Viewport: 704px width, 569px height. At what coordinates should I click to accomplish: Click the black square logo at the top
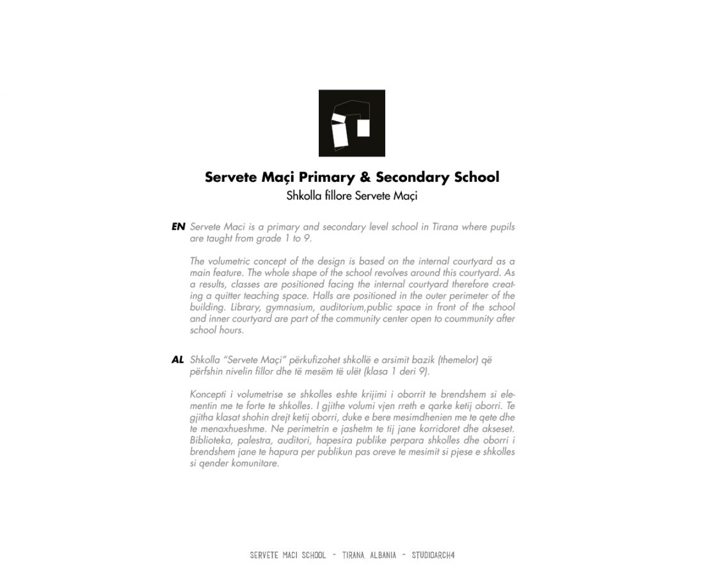tap(351, 124)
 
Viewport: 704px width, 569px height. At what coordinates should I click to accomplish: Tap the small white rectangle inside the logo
tap(364, 127)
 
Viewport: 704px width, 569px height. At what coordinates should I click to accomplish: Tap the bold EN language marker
tap(178, 227)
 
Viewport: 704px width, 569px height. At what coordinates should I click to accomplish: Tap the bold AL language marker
tap(178, 360)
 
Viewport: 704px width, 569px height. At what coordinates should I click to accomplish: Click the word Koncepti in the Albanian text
tap(209, 393)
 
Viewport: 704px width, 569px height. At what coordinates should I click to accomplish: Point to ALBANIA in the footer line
tap(381, 555)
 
